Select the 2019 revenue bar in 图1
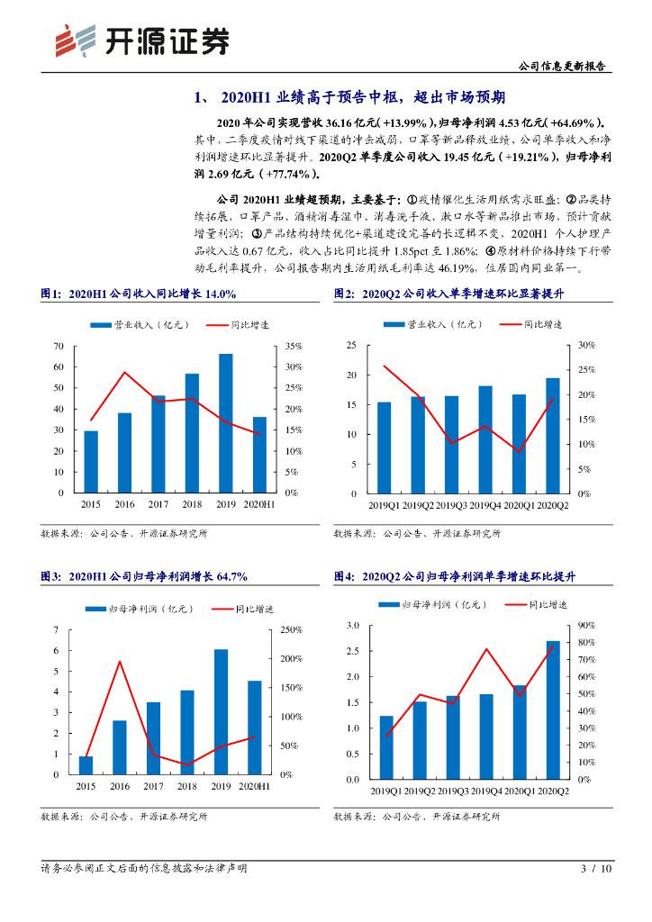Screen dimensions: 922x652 [225, 423]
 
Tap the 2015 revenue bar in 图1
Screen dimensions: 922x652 [91, 462]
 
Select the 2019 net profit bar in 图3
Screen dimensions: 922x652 [221, 711]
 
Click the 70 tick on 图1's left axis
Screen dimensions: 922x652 [59, 347]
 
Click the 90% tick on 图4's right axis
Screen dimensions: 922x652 [584, 626]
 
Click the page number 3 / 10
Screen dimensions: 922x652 [596, 869]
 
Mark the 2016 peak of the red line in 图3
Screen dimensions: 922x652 [120, 662]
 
